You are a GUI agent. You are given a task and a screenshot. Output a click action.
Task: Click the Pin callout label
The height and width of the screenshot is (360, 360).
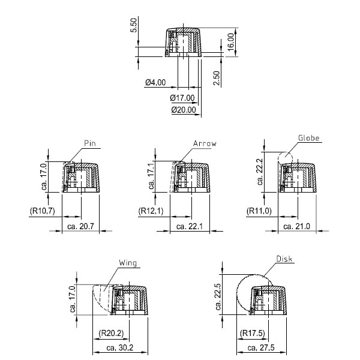[90, 143]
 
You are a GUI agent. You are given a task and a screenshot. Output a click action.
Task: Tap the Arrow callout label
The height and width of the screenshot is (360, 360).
[205, 143]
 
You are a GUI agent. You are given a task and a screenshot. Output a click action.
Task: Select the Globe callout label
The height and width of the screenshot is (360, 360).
[309, 138]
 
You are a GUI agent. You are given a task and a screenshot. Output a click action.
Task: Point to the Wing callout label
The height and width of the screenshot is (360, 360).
[128, 263]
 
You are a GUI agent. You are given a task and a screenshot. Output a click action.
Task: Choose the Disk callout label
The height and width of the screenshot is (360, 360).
[284, 259]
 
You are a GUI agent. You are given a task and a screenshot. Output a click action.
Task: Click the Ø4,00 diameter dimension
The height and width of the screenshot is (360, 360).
[155, 82]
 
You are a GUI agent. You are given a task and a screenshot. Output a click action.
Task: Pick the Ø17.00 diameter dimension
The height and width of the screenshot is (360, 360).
[182, 98]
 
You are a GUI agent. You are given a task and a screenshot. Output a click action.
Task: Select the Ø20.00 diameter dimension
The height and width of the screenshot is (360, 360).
[184, 110]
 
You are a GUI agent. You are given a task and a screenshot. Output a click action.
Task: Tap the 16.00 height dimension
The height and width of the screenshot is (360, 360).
[231, 42]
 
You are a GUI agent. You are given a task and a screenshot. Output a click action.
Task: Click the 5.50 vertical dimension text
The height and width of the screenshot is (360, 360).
[134, 25]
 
